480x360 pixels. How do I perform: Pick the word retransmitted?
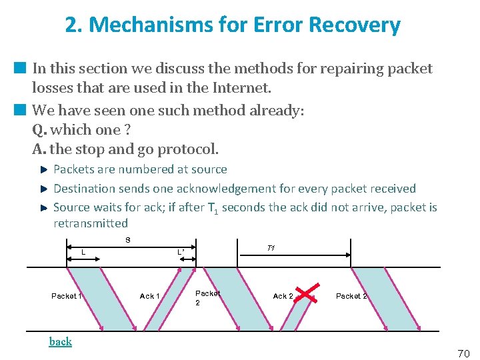[91, 223]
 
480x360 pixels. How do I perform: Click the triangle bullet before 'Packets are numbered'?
[44, 170]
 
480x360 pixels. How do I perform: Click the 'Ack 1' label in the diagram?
[149, 296]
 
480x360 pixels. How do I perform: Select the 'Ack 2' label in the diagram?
[283, 296]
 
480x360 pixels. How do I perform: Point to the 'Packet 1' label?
[66, 296]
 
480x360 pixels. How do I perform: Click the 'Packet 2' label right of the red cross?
[351, 296]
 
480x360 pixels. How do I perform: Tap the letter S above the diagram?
[127, 240]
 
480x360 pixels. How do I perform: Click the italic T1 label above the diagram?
[271, 248]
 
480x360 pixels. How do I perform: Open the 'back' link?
[60, 341]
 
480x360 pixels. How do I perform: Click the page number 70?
[463, 353]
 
